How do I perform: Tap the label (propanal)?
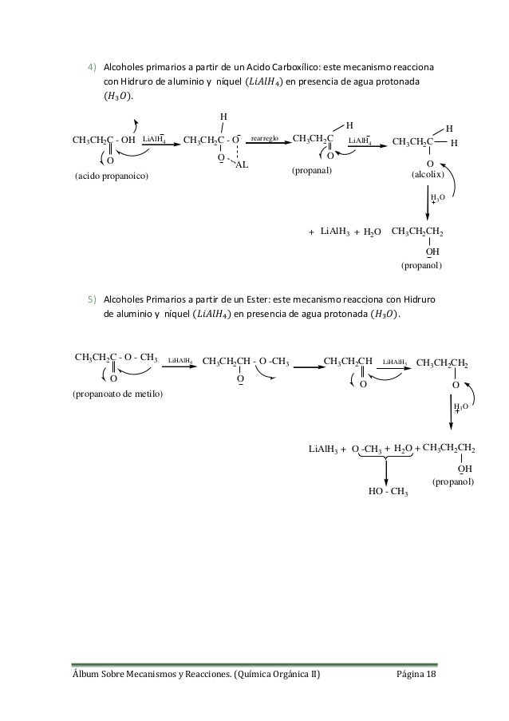point(312,171)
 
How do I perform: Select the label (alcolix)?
point(426,172)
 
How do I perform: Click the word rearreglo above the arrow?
point(265,138)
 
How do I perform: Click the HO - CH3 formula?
point(389,491)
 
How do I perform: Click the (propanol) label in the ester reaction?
point(453,482)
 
